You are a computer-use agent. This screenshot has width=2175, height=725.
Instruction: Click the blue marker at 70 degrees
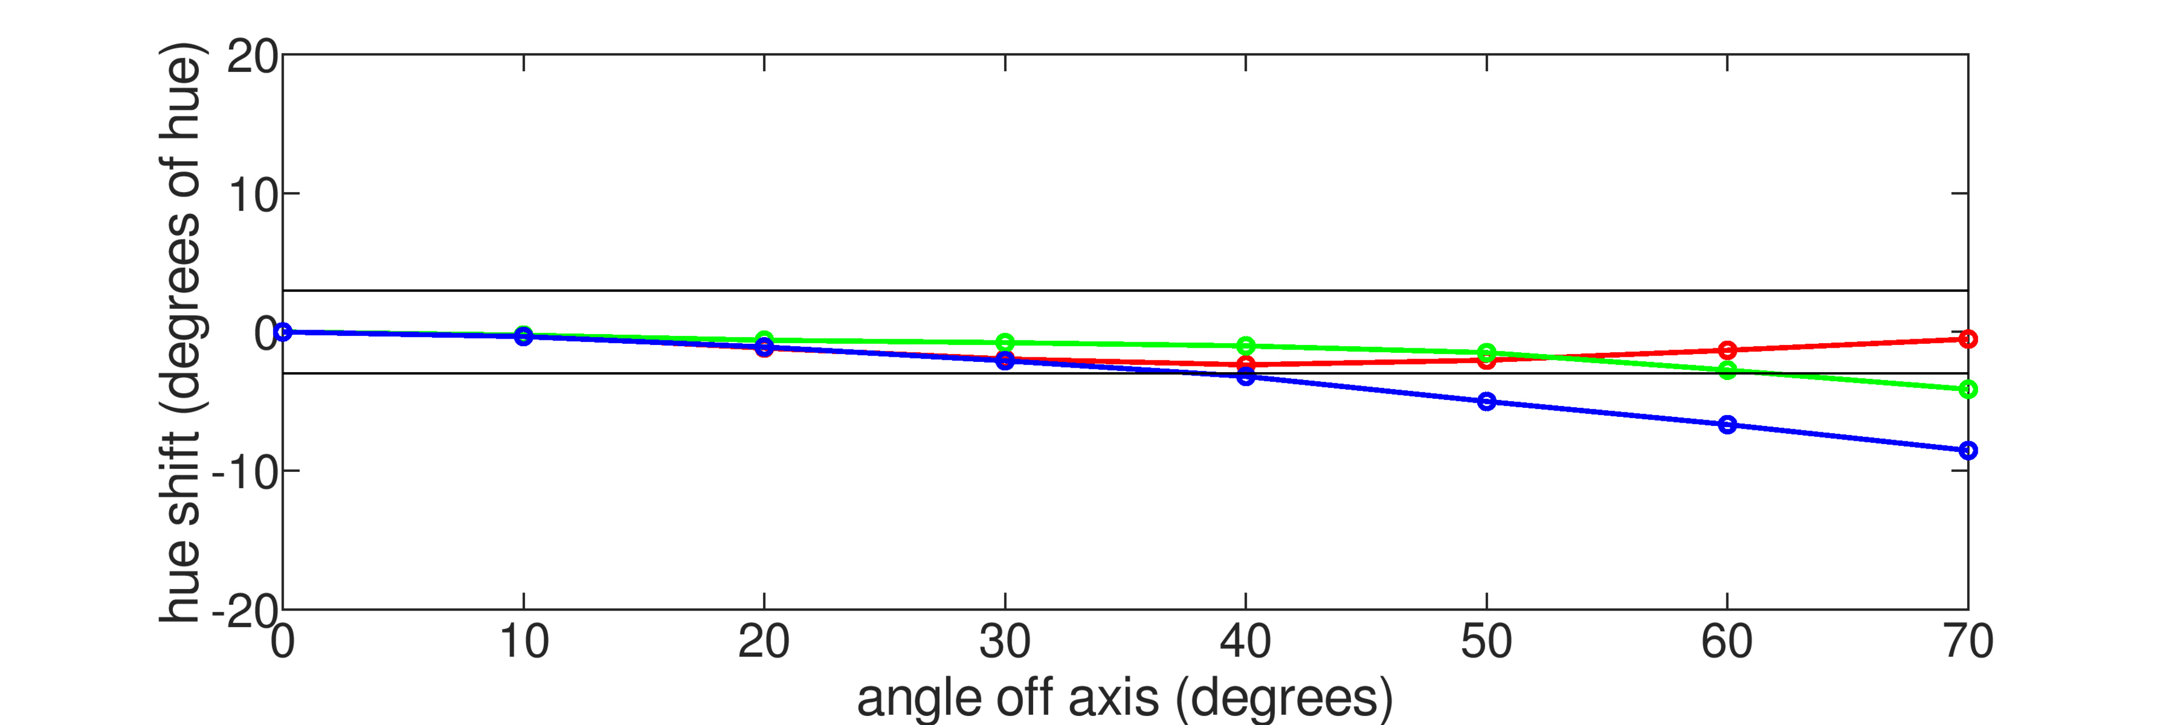pyautogui.click(x=1967, y=451)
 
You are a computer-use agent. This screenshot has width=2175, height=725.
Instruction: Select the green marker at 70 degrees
pyautogui.click(x=1967, y=389)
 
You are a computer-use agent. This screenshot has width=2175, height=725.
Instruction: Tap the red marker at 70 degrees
pyautogui.click(x=1967, y=339)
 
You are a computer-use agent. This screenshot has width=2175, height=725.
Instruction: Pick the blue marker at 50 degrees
pyautogui.click(x=1486, y=402)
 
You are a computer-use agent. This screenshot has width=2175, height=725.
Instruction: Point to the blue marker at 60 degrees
pyautogui.click(x=1726, y=425)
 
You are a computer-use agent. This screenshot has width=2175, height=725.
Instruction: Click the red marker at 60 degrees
pyautogui.click(x=1726, y=350)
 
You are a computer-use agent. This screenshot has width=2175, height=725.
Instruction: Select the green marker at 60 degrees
pyautogui.click(x=1726, y=370)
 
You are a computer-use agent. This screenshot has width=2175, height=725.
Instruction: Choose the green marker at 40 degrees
pyautogui.click(x=1246, y=346)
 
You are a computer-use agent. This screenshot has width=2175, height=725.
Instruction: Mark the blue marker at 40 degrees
pyautogui.click(x=1246, y=377)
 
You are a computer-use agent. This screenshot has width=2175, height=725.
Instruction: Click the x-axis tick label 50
pyautogui.click(x=1486, y=642)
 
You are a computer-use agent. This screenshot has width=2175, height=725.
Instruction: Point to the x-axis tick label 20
pyautogui.click(x=764, y=642)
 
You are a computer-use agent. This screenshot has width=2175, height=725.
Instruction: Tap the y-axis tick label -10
pyautogui.click(x=245, y=472)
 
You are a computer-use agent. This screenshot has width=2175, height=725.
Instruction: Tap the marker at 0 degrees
pyautogui.click(x=284, y=332)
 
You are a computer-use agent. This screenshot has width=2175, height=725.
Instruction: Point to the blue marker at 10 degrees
pyautogui.click(x=523, y=337)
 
